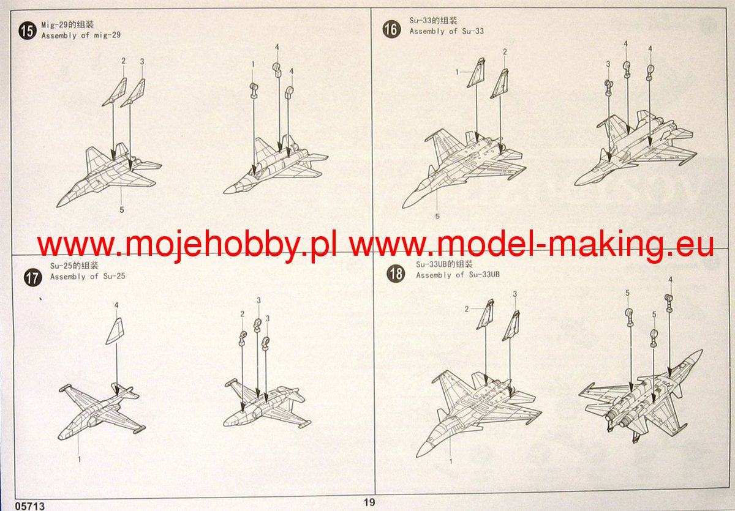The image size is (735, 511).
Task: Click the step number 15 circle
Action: tap(28, 31)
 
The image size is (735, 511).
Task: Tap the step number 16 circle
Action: tap(391, 29)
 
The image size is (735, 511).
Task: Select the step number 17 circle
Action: tap(33, 278)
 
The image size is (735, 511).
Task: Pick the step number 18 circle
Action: tap(396, 274)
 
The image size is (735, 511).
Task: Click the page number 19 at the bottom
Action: tap(369, 502)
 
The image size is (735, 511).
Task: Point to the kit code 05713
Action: tap(29, 505)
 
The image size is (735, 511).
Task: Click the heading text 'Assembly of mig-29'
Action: tap(81, 35)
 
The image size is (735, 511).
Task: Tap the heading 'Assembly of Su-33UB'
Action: tap(458, 275)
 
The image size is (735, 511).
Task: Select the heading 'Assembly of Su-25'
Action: tap(88, 277)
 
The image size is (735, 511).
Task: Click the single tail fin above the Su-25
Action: tap(115, 331)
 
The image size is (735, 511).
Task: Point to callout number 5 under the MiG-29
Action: tap(122, 210)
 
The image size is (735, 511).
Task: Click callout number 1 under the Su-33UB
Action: tap(451, 461)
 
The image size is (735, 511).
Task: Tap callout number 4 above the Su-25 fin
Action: tap(116, 305)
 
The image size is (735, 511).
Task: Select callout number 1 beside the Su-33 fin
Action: tap(457, 72)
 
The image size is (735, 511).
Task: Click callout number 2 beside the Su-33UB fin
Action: tap(467, 309)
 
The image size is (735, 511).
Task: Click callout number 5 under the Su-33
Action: tap(437, 216)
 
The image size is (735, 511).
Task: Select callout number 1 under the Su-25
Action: tap(80, 460)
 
